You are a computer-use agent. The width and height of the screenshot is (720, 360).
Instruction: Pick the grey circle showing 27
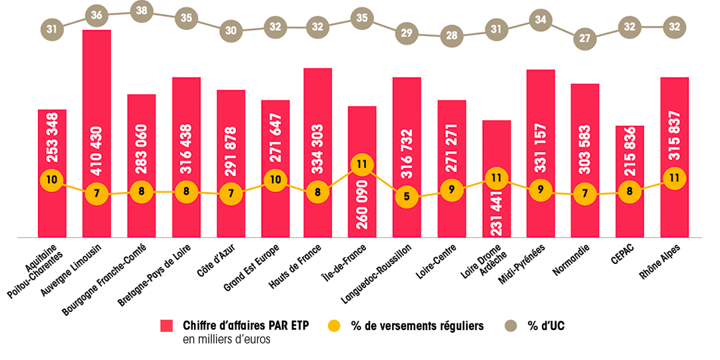[585, 38]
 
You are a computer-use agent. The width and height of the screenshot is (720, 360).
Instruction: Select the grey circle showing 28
[452, 35]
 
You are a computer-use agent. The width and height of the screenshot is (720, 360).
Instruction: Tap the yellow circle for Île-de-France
[363, 165]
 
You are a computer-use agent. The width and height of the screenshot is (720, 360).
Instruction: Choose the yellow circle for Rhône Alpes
[674, 178]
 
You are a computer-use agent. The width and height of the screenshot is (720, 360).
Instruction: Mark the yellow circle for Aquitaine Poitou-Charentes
[52, 179]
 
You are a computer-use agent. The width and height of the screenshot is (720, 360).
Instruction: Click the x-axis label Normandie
[571, 260]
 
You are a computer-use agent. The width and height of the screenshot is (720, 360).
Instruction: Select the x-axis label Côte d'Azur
[215, 260]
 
